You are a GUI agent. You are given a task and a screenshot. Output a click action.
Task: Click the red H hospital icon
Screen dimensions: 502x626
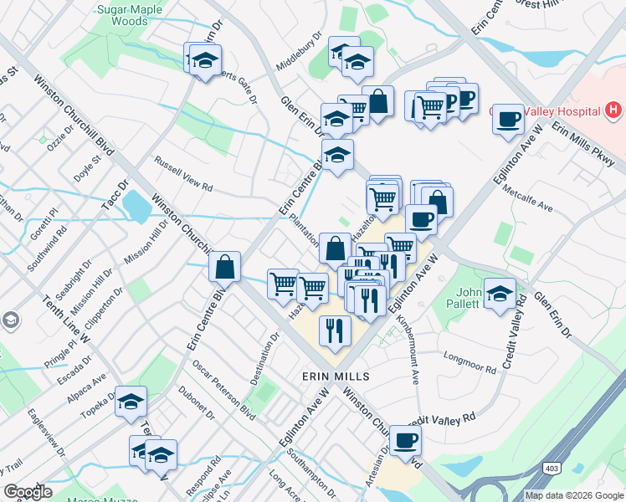click(614, 110)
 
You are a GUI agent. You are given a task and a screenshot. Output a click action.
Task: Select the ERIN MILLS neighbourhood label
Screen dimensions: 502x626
click(335, 377)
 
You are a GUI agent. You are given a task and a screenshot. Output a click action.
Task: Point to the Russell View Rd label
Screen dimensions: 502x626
click(182, 171)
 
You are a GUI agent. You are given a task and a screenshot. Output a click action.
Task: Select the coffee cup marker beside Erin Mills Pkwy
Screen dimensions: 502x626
click(507, 119)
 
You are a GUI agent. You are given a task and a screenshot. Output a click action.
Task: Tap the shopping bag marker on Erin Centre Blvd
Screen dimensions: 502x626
click(225, 267)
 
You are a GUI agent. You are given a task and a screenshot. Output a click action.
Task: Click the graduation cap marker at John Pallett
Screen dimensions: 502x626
click(500, 294)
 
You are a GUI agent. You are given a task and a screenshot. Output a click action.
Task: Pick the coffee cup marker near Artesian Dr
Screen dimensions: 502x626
click(406, 440)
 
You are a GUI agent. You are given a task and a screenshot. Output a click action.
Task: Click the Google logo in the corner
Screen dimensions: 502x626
click(28, 491)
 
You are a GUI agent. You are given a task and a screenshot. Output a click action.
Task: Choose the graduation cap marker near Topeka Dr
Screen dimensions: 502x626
click(131, 402)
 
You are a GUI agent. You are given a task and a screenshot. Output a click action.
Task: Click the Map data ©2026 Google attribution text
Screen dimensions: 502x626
click(572, 495)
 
